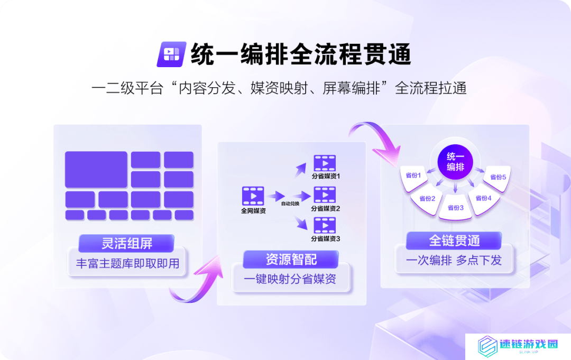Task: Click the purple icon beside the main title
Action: coord(171,54)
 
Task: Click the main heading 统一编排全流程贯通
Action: coord(301,54)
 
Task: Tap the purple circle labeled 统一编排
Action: coord(455,162)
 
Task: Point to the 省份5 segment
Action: coord(498,178)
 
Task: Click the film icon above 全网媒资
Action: coord(253,196)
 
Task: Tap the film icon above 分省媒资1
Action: coord(325,163)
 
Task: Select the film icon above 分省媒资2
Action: coord(325,195)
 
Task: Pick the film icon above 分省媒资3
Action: coord(325,225)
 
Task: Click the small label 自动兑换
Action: coord(290,204)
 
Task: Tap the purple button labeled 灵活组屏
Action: coord(126,243)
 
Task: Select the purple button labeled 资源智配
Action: coord(291,259)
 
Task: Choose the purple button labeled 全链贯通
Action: coord(454,240)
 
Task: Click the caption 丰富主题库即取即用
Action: coord(127,263)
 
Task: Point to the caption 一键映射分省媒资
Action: coord(290,279)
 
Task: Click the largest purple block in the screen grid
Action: coord(96,170)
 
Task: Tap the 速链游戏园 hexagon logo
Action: coord(487,346)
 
